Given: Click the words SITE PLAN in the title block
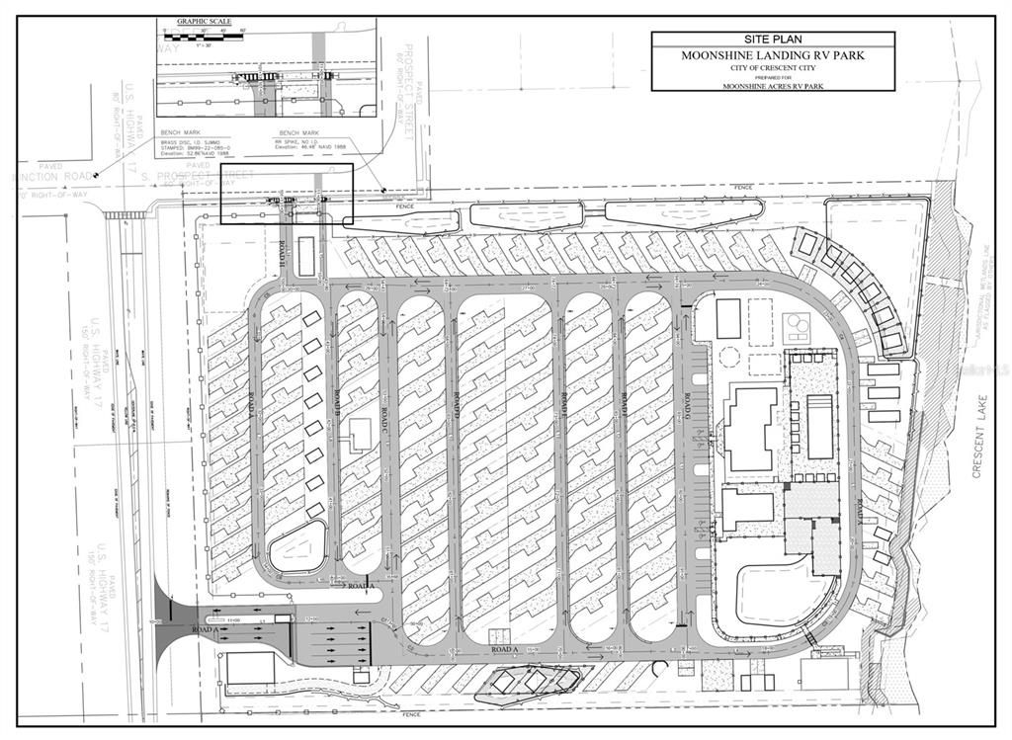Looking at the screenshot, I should click(x=773, y=40).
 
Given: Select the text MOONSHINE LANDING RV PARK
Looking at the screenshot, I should click(x=773, y=55).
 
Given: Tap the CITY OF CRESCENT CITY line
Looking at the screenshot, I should click(x=773, y=67).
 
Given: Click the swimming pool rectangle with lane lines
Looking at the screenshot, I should click(x=819, y=427).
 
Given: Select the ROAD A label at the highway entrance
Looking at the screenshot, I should click(x=205, y=629).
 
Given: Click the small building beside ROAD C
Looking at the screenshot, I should click(x=360, y=432).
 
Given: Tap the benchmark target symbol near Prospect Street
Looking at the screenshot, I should click(x=383, y=188).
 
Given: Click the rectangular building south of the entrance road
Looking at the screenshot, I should click(x=250, y=669).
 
